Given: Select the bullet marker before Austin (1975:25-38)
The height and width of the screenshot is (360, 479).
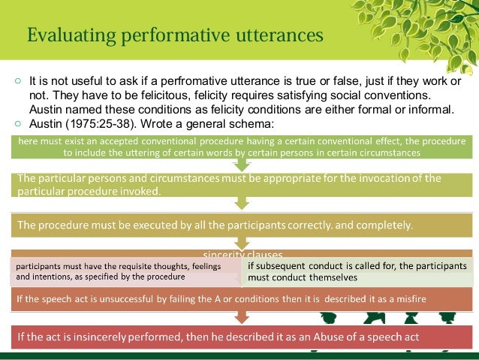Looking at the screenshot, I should (x=17, y=123).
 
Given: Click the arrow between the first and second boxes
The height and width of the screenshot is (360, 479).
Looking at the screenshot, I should (x=242, y=164).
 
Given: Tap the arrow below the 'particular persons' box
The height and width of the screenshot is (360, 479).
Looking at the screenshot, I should (x=242, y=204).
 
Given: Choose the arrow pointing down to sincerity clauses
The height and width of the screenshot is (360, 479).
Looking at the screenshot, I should (x=242, y=241).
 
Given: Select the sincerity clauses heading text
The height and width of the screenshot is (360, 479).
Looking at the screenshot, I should (x=237, y=255).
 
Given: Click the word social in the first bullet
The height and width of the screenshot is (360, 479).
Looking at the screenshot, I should (x=366, y=95).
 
